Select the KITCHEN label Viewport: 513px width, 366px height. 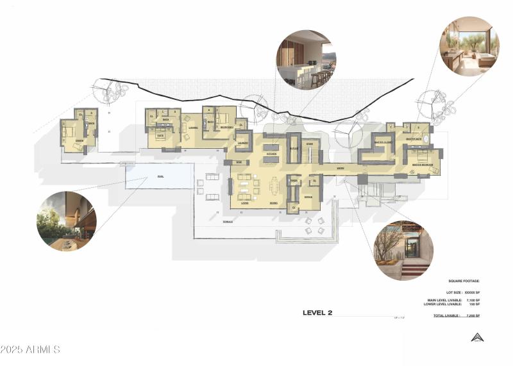pos(271,154)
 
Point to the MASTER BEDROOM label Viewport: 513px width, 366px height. pos(423,165)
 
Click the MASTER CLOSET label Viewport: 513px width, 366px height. pos(383,142)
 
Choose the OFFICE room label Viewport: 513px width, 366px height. pos(307,197)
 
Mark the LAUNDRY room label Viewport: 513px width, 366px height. pos(242,142)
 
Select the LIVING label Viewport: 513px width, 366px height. pos(244,203)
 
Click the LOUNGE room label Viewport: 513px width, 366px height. pos(192,127)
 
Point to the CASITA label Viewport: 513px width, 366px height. pos(79,140)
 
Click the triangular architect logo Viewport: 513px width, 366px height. pos(476,337)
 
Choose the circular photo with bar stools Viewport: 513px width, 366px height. pos(305,59)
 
